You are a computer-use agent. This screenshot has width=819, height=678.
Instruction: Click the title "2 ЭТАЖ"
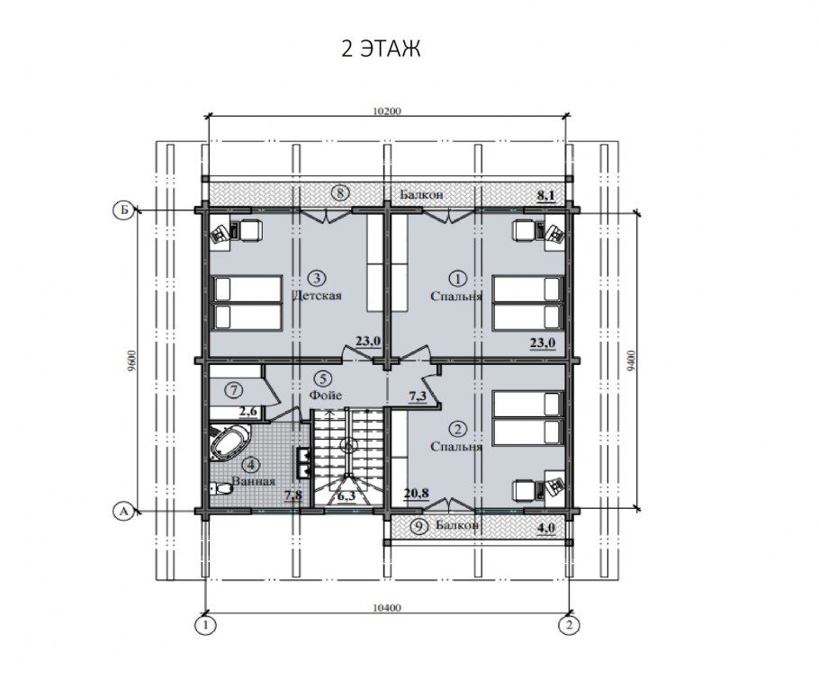[x=381, y=49]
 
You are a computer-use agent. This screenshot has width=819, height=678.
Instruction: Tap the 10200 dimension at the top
[x=387, y=111]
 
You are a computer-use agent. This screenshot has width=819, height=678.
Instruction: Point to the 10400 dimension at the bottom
[x=387, y=608]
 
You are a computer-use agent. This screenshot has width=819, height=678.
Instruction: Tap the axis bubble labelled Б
[x=124, y=210]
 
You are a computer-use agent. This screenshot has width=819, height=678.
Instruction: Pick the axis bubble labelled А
[x=124, y=512]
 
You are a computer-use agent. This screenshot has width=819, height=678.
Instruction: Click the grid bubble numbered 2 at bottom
[x=569, y=624]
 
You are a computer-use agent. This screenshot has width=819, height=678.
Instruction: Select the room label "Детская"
[x=317, y=296]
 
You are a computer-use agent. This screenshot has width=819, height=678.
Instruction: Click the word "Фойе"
[x=326, y=395]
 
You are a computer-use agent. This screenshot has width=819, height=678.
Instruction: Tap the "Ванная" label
[x=253, y=481]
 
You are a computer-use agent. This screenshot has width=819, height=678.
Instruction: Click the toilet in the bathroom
[x=220, y=489]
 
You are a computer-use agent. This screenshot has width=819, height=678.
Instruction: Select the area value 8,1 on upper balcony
[x=545, y=195]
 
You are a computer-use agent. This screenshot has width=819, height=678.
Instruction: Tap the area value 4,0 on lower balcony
[x=545, y=528]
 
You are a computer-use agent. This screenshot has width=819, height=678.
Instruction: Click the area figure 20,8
[x=417, y=492]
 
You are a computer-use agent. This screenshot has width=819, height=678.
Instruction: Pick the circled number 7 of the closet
[x=235, y=389]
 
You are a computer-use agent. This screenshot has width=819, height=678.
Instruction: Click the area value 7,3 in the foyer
[x=418, y=397]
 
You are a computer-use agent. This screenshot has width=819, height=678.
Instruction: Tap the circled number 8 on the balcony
[x=340, y=193]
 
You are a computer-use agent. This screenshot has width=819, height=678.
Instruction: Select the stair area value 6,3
[x=346, y=495]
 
